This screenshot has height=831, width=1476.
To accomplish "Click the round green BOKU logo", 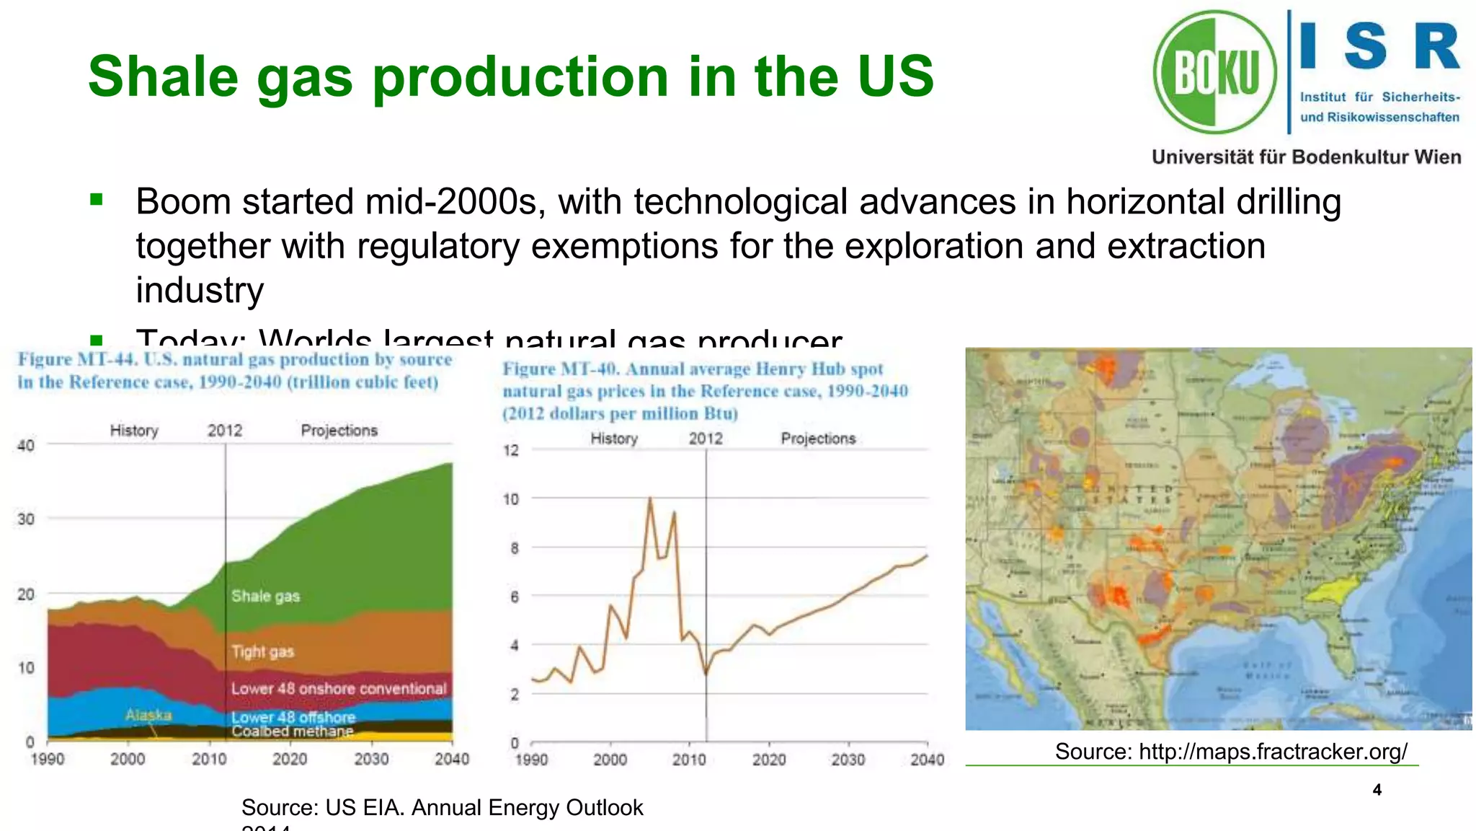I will coord(1215,72).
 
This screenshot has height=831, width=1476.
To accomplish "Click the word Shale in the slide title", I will coord(163,76).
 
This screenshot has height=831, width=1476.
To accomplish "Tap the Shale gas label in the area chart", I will coord(265,596).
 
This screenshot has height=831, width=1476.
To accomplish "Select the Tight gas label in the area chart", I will coord(262,652).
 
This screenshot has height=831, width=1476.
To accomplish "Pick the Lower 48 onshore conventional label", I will coord(339,689).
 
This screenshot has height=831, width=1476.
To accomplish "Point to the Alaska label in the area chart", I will coord(148,715).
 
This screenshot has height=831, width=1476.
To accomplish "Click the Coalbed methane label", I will coord(293,731).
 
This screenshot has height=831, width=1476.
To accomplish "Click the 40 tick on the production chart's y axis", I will coord(26,445).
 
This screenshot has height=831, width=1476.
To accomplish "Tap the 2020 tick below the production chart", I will coord(290,759).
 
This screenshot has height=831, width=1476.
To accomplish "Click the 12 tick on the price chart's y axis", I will coord(510,450).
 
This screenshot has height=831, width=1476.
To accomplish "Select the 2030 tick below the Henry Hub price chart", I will coord(848,760).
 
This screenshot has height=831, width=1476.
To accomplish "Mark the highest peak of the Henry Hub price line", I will coord(650,498).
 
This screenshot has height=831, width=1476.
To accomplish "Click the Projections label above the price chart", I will coord(818,439).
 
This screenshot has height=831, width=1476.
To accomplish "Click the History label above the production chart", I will coord(134,431).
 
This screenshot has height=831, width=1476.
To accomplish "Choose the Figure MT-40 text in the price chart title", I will coord(561,369).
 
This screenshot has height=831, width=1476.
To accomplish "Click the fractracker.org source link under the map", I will coord(1231,752).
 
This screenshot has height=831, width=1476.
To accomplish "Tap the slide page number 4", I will coord(1377,790).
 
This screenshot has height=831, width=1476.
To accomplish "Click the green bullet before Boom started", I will coord(97,200).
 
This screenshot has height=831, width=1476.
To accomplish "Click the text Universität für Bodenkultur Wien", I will coord(1306,157).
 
